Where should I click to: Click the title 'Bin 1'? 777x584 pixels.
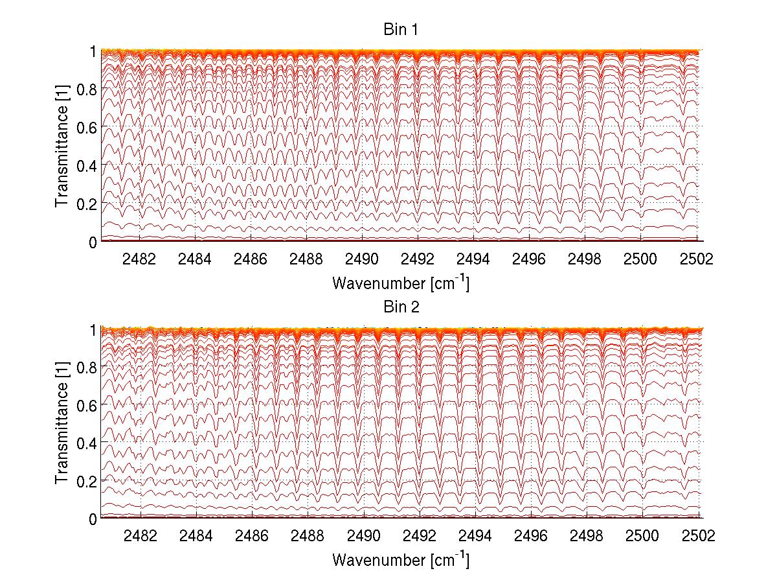(401, 30)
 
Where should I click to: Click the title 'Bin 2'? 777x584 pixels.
(401, 307)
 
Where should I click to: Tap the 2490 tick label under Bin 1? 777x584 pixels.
(363, 259)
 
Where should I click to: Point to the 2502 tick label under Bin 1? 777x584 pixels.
(697, 259)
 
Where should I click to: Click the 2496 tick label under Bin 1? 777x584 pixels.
(530, 259)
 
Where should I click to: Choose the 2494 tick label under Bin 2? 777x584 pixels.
(474, 537)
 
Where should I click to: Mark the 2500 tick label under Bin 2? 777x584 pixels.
(641, 537)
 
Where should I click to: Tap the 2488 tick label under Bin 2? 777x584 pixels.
(307, 537)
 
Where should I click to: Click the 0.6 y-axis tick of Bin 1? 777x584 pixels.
(87, 128)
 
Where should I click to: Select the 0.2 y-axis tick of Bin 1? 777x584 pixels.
(87, 204)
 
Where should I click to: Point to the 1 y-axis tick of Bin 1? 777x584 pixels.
(94, 51)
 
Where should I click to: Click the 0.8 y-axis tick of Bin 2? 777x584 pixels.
(87, 367)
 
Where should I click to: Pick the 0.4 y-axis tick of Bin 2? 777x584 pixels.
(87, 443)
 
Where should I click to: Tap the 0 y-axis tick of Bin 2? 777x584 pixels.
(94, 519)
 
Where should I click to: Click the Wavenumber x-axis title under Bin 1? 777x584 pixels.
(401, 283)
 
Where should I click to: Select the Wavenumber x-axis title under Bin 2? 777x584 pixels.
(401, 560)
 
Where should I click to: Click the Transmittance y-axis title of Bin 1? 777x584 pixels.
(62, 146)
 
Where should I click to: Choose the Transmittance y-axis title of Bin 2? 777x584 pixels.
(62, 424)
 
